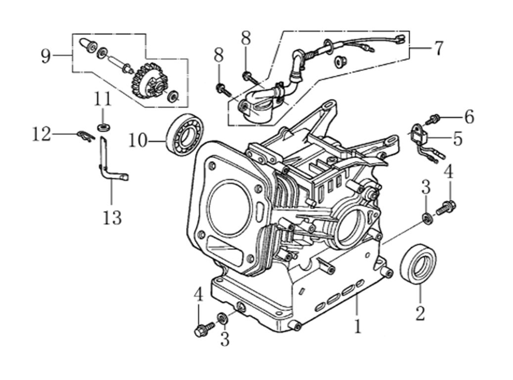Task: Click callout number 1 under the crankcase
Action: [x=357, y=326]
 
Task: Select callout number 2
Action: [x=420, y=313]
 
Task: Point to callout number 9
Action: [x=46, y=56]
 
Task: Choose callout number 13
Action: [x=112, y=217]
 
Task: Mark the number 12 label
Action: [x=42, y=134]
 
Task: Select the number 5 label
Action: [x=458, y=139]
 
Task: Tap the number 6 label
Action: [x=468, y=117]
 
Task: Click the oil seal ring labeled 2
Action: [x=419, y=263]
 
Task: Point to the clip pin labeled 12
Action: [x=87, y=135]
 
